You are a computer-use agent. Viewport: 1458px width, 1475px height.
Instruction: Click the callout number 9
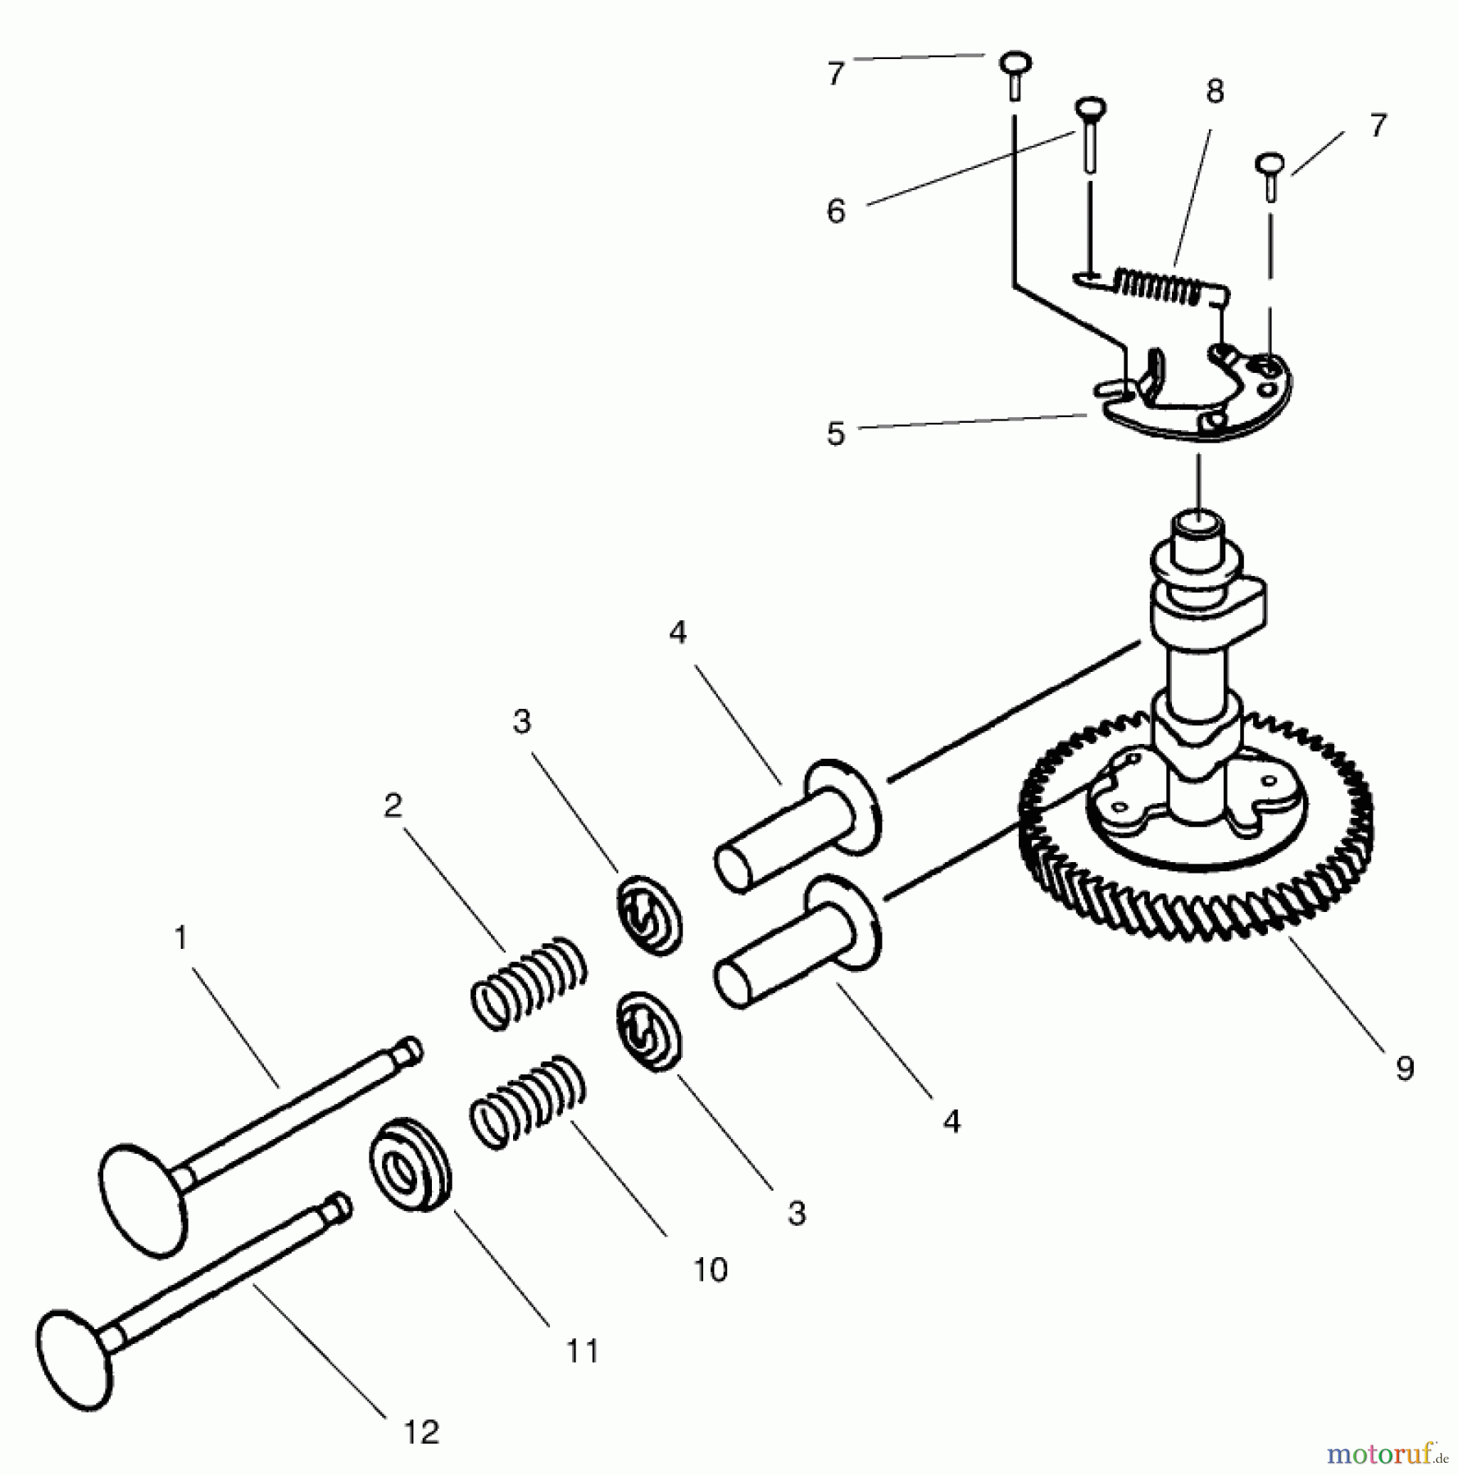click(1405, 1069)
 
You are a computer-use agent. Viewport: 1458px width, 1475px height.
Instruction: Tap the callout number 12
click(421, 1432)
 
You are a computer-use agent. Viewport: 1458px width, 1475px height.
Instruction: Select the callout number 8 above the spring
click(1215, 92)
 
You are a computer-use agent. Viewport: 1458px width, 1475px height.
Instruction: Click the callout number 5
click(835, 433)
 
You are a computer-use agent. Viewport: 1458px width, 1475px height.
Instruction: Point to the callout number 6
click(835, 211)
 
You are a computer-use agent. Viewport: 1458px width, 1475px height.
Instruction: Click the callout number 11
click(583, 1350)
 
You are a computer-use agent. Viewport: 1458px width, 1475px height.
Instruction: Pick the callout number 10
click(710, 1269)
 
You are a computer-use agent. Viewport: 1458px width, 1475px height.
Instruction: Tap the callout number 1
click(181, 937)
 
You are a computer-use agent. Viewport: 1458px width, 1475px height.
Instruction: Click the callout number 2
click(393, 806)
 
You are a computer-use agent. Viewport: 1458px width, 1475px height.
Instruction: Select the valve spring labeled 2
click(529, 983)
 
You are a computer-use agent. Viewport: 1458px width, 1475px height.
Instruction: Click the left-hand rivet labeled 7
click(1015, 73)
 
